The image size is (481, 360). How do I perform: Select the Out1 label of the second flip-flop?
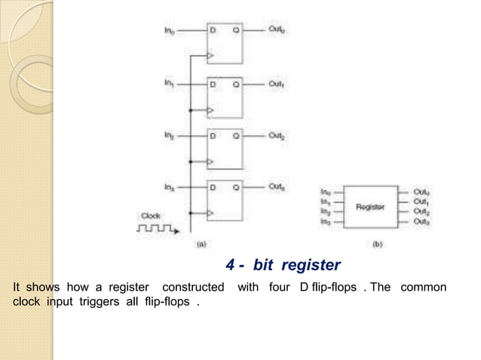point(276,84)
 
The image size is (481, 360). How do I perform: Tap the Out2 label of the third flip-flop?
point(276,136)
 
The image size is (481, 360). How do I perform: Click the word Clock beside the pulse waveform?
point(150,216)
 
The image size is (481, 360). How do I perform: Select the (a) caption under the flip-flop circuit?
point(202,245)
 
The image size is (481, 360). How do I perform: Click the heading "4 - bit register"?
point(283,265)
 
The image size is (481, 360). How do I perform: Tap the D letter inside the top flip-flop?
point(213,31)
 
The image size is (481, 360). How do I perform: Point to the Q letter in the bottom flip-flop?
point(236,188)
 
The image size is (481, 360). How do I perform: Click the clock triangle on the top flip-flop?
point(210,56)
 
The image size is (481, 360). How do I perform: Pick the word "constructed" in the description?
point(193,288)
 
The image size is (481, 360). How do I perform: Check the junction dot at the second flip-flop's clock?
point(191,108)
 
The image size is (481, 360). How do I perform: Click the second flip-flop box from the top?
point(225,96)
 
